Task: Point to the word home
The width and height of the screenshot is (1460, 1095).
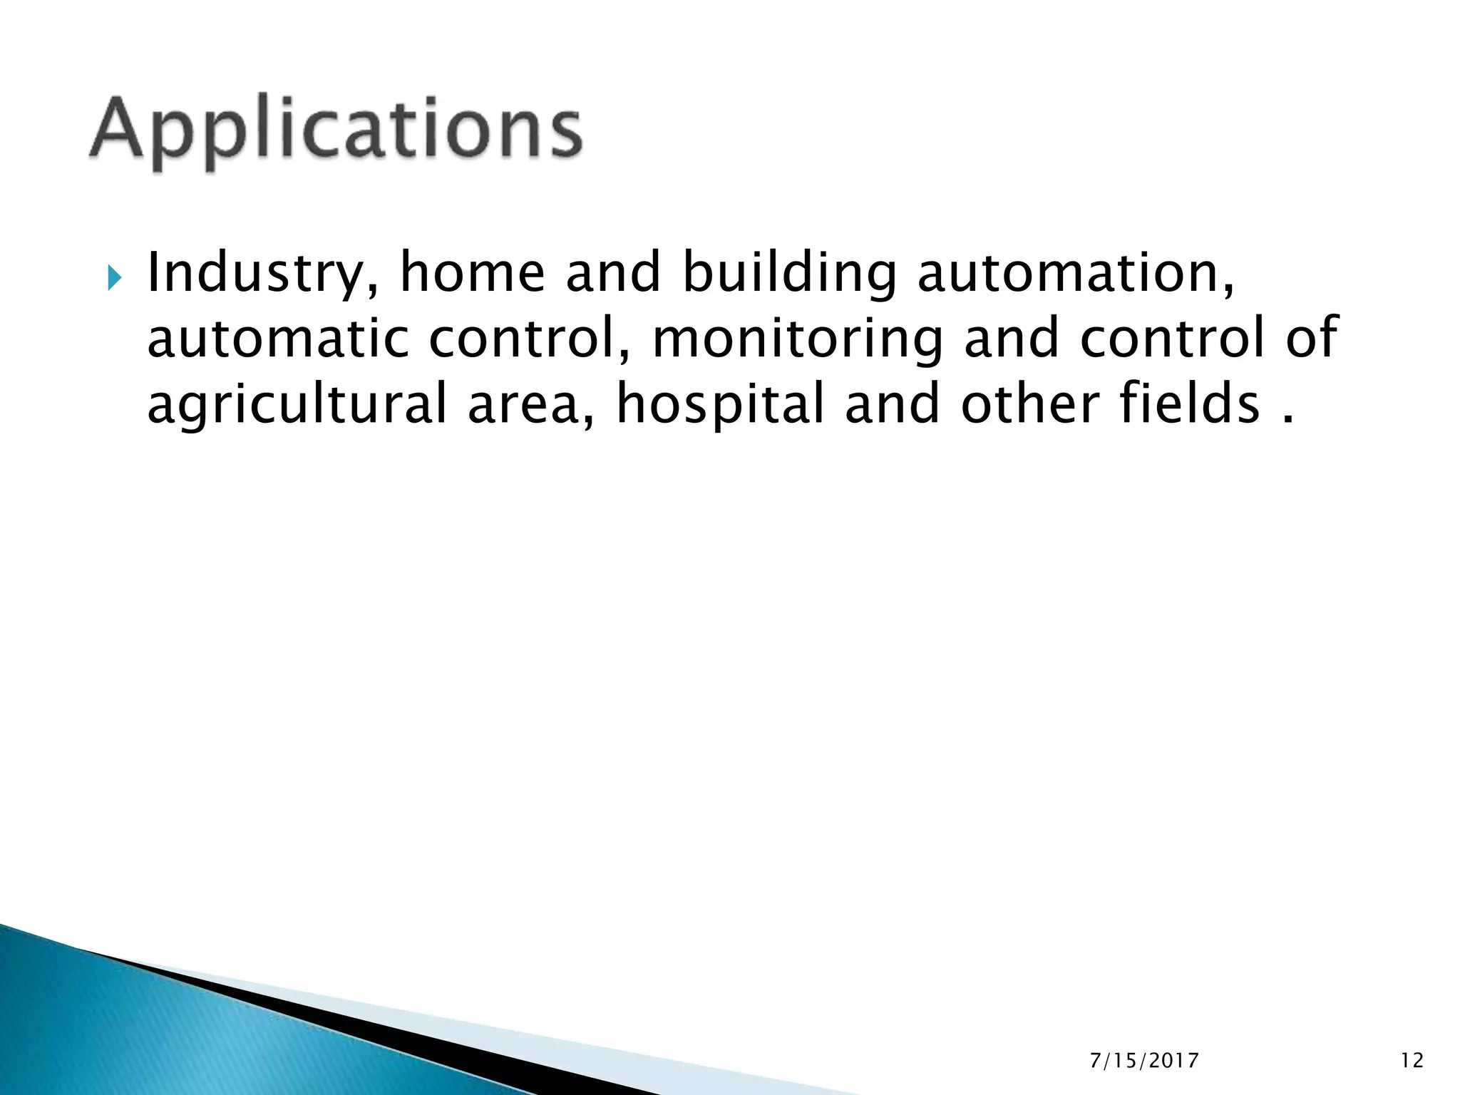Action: [472, 273]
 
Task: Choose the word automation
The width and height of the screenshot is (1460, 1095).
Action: [1076, 273]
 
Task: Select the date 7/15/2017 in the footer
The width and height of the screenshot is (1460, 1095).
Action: [1144, 1061]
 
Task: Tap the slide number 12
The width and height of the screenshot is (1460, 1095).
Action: [1412, 1061]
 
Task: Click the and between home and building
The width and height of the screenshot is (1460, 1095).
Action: [613, 273]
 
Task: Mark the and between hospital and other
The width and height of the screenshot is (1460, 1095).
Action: [892, 403]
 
